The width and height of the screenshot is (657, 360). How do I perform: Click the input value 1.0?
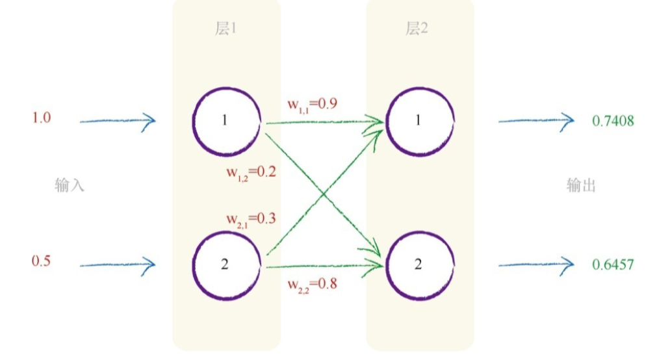click(42, 118)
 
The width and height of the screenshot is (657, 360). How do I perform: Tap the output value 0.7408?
click(613, 120)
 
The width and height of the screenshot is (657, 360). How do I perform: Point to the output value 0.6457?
click(613, 264)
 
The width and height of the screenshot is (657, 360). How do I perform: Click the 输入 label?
click(70, 186)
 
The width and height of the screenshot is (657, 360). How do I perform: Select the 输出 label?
click(581, 186)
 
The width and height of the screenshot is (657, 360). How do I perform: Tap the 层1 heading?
click(225, 29)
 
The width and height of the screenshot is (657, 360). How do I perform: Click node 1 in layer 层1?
click(226, 122)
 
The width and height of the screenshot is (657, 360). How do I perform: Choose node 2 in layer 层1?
click(226, 264)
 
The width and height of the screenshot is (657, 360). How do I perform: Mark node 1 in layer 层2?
click(419, 122)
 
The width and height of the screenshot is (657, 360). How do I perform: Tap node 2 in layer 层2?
click(419, 264)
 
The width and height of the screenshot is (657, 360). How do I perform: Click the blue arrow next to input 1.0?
click(118, 120)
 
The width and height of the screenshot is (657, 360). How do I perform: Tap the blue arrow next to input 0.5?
click(118, 264)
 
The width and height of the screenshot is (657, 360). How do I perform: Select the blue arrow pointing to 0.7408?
click(536, 120)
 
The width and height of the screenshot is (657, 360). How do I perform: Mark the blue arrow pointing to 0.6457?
click(536, 264)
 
